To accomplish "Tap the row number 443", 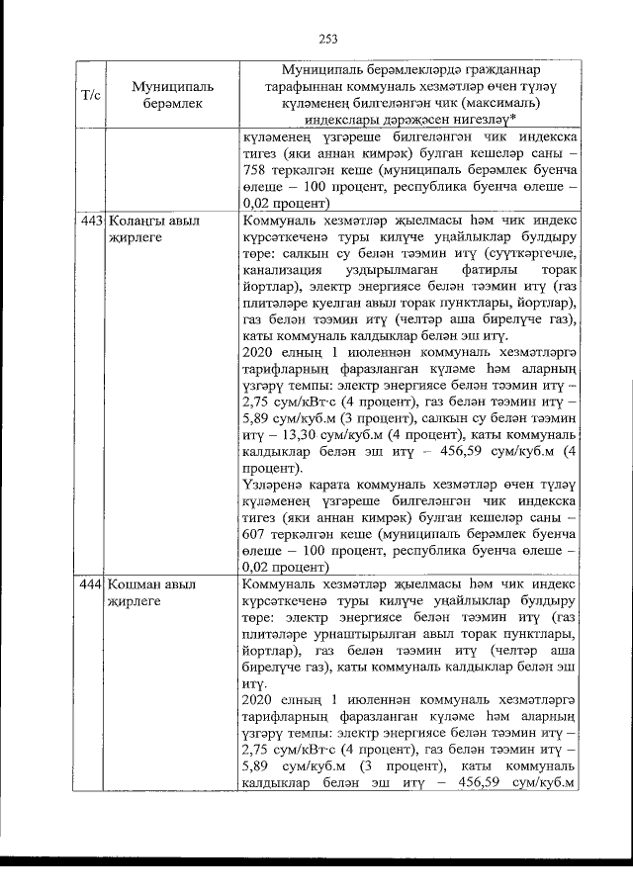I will pyautogui.click(x=91, y=222).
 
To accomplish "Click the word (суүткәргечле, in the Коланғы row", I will pyautogui.click(x=527, y=254).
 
